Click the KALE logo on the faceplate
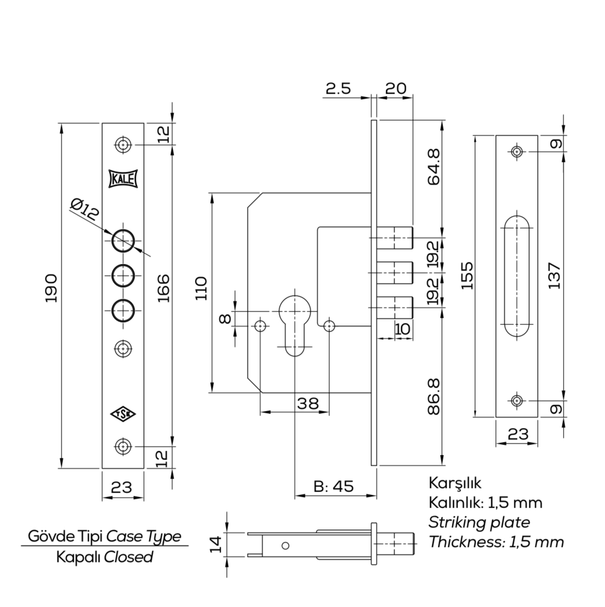pos(123,180)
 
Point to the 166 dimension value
pos(163,288)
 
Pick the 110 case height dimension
pos(201,288)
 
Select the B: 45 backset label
pos(334,486)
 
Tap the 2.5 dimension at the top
pos(338,88)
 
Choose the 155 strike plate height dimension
pos(467,276)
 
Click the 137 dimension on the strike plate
pos(554,276)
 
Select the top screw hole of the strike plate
pos(517,152)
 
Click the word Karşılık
pos(455,483)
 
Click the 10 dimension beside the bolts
pos(402,328)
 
